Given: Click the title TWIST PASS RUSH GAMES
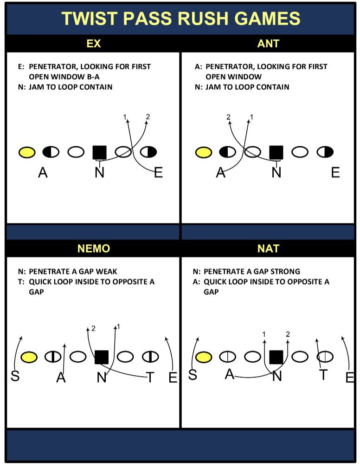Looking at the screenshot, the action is tap(180, 19).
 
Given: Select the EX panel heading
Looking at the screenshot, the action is tap(93, 44).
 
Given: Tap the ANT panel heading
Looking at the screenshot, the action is tap(268, 44).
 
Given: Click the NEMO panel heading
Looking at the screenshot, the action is tap(93, 248).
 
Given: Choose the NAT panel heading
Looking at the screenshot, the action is tap(268, 248).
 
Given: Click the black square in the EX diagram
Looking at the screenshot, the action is tap(99, 152).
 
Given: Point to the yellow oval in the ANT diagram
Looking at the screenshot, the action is tap(203, 152).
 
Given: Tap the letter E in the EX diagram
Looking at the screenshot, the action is tap(158, 173).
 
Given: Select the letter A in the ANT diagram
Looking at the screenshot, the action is tap(221, 173).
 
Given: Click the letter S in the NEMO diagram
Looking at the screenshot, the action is tap(15, 376).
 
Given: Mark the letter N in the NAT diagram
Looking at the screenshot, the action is tap(277, 376).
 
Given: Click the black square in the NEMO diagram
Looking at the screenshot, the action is tap(101, 357).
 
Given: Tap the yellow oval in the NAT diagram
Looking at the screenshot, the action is tap(203, 357).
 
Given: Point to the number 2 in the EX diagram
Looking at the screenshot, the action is tap(148, 117).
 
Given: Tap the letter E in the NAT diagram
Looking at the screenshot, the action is tap(350, 378).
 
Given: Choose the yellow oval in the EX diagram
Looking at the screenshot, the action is tap(27, 152).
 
